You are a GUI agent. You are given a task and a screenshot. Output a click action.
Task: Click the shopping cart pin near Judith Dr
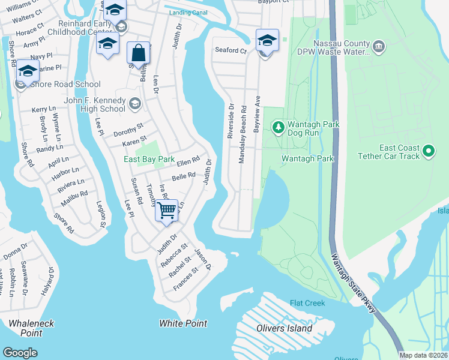tap(166, 211)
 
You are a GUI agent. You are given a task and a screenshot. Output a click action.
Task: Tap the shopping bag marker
tap(139, 53)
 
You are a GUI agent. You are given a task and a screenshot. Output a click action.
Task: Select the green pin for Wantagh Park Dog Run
tap(278, 127)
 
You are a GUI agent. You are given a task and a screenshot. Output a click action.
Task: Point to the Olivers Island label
tap(285, 328)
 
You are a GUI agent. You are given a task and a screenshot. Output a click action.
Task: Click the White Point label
tap(183, 323)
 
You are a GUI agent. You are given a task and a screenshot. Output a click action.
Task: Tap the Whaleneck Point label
tap(31, 328)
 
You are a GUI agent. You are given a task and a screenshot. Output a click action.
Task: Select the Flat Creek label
tap(307, 304)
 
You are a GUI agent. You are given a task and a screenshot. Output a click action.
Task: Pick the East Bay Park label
tap(149, 159)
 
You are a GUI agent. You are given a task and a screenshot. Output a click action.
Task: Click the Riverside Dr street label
tap(231, 121)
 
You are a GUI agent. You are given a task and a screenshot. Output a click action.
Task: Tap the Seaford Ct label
tap(231, 51)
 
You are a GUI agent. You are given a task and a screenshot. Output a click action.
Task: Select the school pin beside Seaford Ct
tap(267, 41)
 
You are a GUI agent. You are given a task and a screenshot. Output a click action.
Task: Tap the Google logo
tap(20, 353)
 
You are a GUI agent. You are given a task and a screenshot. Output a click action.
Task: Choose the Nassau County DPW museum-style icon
tap(378, 46)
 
